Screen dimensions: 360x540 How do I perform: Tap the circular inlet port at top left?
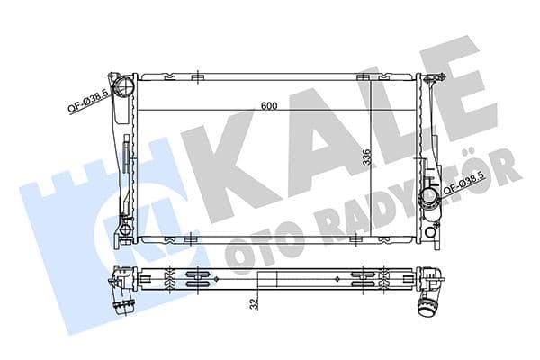click(125, 87)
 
